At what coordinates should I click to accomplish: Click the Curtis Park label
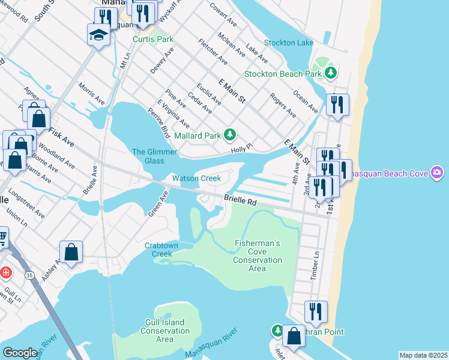[153, 40]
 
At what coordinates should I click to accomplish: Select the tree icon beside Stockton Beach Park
[330, 73]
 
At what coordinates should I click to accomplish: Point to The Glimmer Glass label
[148, 156]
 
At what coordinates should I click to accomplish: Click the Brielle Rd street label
[240, 200]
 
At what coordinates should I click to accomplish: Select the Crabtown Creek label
[158, 250]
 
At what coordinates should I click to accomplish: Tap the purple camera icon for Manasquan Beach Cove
[438, 173]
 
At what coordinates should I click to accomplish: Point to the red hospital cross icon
[5, 272]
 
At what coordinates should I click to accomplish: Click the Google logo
[20, 353]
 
